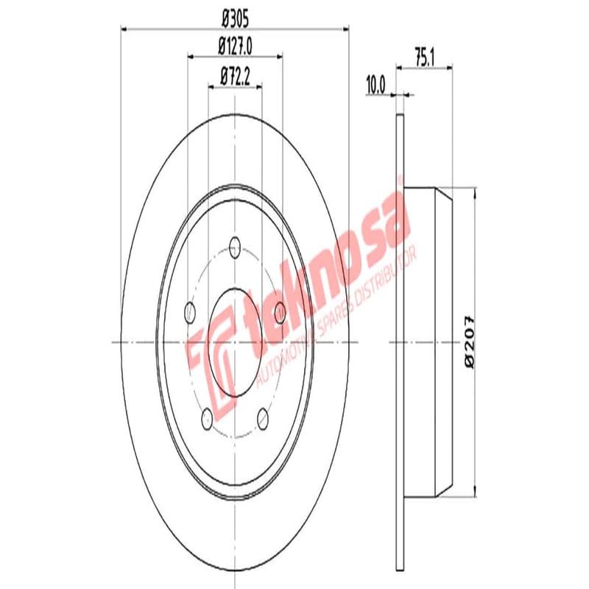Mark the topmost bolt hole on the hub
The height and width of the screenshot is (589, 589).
point(235,246)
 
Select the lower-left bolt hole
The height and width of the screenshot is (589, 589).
point(207,419)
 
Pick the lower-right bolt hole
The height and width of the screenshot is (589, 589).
point(263,419)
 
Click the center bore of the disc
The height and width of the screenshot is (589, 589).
point(235,343)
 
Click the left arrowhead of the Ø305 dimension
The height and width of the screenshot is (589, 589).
point(124,29)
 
